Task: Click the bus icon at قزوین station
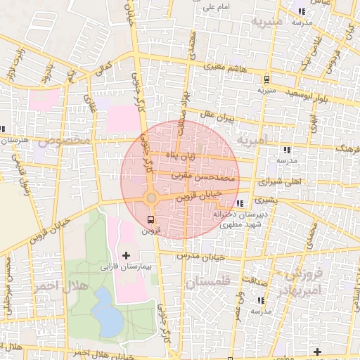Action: tap(150, 219)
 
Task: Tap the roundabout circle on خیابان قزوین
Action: tap(150, 199)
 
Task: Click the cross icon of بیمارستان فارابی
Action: tap(127, 255)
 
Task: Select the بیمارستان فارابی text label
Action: tap(126, 268)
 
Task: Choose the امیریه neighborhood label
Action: tap(252, 141)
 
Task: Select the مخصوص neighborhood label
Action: tap(65, 141)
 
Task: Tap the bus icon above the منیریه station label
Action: tap(266, 79)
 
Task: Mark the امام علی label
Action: tap(217, 8)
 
